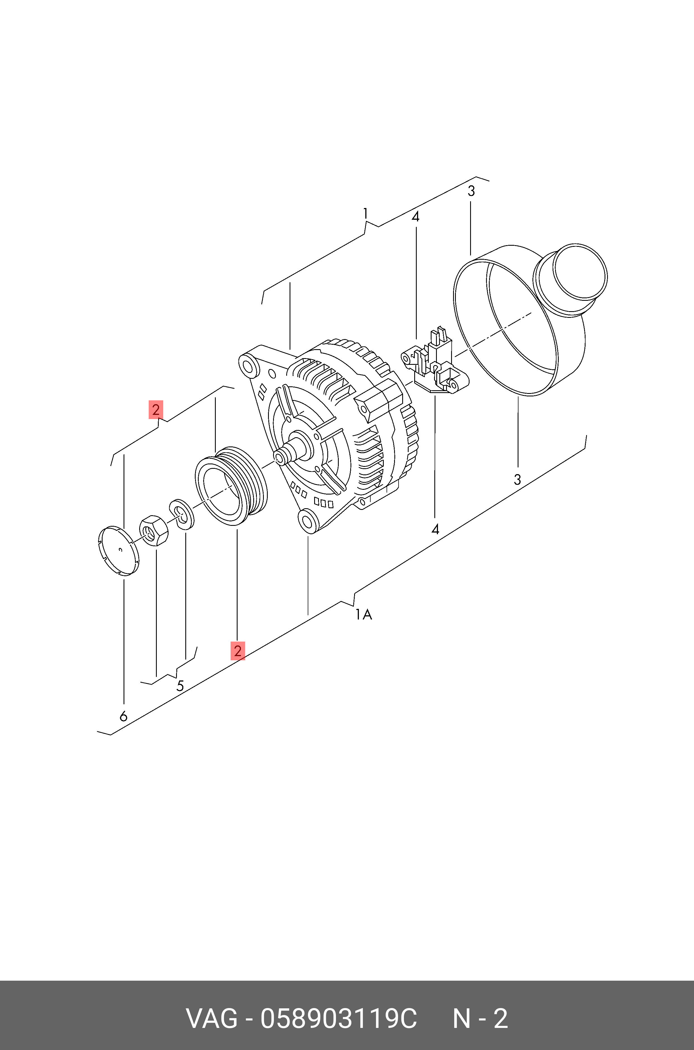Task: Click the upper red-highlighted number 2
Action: [x=155, y=410]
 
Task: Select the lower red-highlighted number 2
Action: [x=238, y=651]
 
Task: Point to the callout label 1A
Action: [x=363, y=614]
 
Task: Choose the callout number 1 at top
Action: [x=365, y=214]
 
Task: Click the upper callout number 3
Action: [x=471, y=191]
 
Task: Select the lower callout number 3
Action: [x=517, y=479]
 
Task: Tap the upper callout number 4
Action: [x=415, y=217]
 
